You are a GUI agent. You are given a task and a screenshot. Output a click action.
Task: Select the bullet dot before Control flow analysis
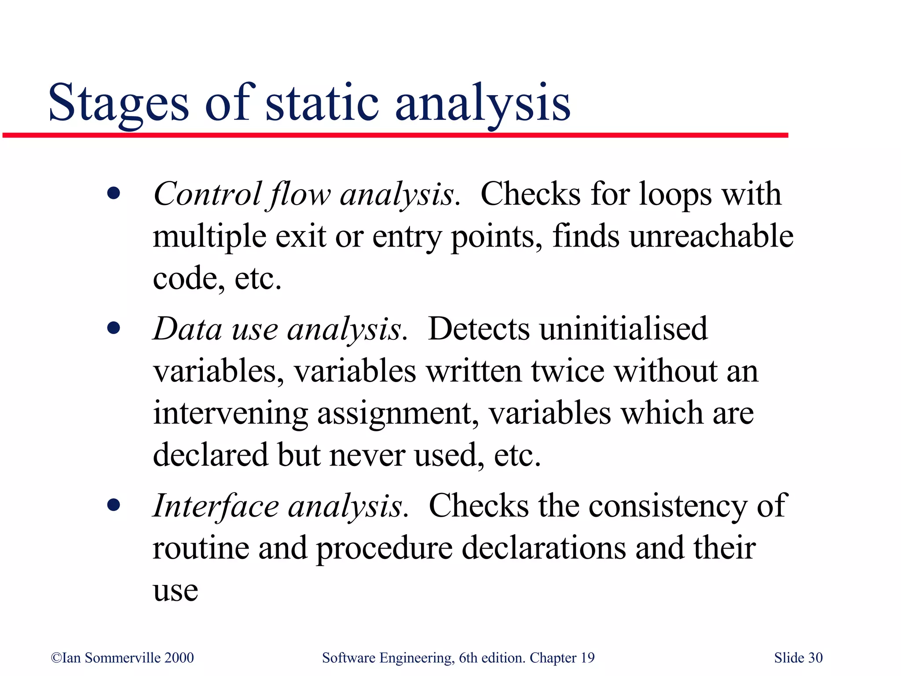tap(114, 194)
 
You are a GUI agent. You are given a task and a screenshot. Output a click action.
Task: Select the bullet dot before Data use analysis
tap(114, 328)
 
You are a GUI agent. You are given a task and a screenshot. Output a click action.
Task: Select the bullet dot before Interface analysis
tap(114, 505)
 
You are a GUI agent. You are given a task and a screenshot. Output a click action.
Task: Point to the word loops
tap(675, 194)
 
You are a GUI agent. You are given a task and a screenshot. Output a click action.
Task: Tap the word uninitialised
tap(623, 329)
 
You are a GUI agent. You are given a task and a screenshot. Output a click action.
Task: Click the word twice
tap(568, 371)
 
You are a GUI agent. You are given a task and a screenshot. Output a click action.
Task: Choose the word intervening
tap(230, 414)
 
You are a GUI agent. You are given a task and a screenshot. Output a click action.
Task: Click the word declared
tap(210, 455)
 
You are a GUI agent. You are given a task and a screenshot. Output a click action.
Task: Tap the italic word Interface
tap(216, 506)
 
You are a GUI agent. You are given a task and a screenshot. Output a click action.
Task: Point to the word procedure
tap(385, 549)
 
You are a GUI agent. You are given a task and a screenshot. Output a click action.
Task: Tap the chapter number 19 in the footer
tap(587, 658)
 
